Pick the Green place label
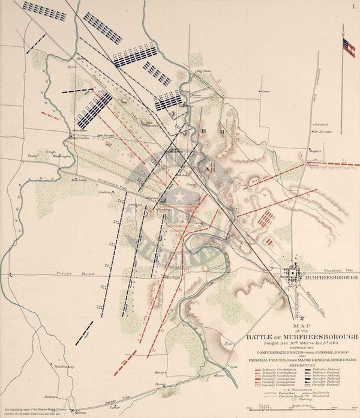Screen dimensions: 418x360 [x=265, y=91]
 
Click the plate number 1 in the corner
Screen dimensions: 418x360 [x=352, y=5]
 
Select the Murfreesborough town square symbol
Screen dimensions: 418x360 [x=293, y=273]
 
